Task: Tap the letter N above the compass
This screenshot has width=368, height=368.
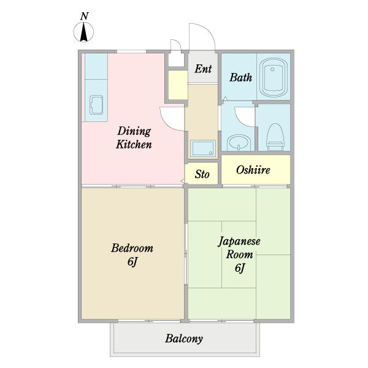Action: click(84, 16)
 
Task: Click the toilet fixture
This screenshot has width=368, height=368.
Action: click(275, 134)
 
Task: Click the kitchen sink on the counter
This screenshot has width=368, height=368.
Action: click(96, 105)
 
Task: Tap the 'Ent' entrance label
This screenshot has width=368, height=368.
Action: click(202, 69)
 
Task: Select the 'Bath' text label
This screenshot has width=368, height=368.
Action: click(240, 78)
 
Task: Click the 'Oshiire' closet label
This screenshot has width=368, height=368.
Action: click(253, 170)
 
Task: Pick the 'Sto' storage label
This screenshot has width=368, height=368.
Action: click(202, 174)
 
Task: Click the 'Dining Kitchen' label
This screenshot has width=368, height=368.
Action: click(134, 138)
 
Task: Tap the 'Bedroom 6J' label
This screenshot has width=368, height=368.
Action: click(132, 255)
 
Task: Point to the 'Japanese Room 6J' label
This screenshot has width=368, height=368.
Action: click(239, 255)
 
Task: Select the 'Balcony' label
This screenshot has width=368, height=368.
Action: click(183, 339)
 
